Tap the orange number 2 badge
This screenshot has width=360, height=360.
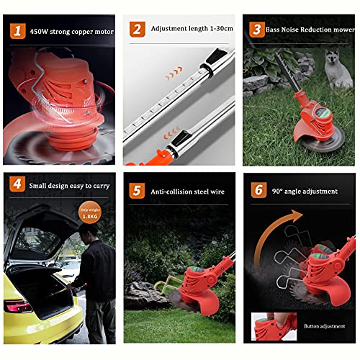pos(136,30)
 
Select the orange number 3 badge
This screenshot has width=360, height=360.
pos(256,30)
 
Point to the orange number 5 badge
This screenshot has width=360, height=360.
pos(136,192)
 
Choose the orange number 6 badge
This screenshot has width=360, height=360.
pos(256,192)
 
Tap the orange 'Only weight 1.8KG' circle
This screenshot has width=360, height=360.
pos(90,213)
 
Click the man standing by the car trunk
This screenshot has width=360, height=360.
pos(98,277)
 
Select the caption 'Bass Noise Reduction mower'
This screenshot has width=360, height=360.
pos(309,30)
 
